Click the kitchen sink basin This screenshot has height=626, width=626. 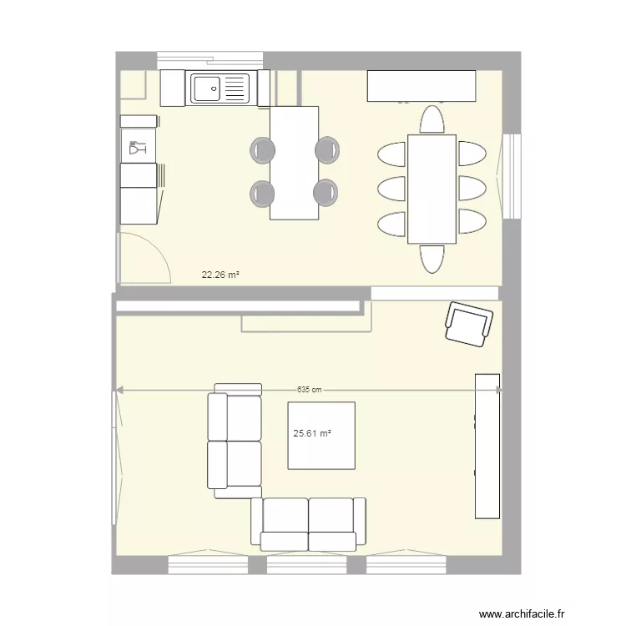[207, 86]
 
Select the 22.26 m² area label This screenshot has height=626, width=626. [220, 273]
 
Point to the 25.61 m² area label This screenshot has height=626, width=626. [312, 433]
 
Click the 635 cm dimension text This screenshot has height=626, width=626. [310, 390]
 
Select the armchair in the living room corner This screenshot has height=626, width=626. [467, 321]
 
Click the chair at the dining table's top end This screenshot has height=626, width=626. [432, 120]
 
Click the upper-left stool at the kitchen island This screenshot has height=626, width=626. [262, 149]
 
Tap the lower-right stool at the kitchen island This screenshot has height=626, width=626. [326, 193]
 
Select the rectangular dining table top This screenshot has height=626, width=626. [432, 189]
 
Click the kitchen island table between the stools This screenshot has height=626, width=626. [295, 163]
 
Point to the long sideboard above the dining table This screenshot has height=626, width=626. [422, 85]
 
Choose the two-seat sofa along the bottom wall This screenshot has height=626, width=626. [308, 524]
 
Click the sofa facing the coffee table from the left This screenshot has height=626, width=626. [235, 441]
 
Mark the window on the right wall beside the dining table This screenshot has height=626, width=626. [512, 175]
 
